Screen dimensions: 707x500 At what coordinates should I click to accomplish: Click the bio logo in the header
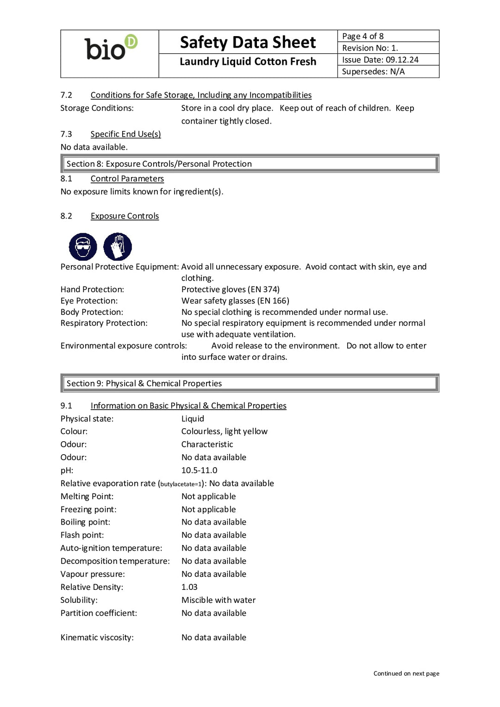111,48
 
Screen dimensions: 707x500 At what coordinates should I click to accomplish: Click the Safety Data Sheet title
248,42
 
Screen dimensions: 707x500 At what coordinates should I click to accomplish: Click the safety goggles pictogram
83,247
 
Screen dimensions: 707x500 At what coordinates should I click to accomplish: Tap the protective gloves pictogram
118,247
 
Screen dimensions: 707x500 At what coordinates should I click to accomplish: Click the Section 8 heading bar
250,163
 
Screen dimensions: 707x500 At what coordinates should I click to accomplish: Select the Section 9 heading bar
250,383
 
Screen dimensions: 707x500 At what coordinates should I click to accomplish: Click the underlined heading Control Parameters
127,179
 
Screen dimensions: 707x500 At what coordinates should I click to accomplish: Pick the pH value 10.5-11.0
199,470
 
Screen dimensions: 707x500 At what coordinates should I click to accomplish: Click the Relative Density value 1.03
189,587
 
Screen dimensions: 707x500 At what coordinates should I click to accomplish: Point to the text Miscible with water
219,600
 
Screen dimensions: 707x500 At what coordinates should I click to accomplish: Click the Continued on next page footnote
406,674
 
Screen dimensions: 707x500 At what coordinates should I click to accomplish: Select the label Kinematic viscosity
97,638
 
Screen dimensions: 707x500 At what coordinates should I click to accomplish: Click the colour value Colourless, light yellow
224,432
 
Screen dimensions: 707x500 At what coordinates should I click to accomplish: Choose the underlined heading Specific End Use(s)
125,134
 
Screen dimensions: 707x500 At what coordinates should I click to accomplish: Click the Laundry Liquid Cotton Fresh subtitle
248,62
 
